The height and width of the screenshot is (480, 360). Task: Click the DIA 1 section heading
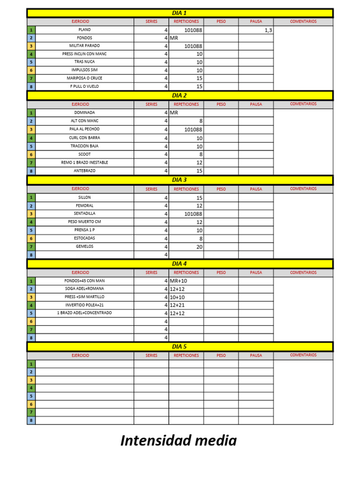[x=180, y=13]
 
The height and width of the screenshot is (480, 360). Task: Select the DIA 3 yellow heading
[x=180, y=180]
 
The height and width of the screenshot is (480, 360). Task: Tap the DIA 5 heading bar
[x=180, y=347]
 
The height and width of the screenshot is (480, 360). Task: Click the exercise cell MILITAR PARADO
[x=85, y=46]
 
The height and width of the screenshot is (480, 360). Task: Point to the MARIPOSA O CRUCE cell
[x=85, y=78]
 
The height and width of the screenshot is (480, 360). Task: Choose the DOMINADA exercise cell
[x=85, y=113]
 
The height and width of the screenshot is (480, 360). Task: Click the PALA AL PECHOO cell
[x=85, y=129]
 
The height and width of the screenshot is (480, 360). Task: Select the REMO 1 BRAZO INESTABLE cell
[x=85, y=163]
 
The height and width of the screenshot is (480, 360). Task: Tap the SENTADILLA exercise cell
[x=85, y=214]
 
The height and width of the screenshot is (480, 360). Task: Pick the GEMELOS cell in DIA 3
[x=85, y=247]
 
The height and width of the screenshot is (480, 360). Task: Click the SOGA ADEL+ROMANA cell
[x=85, y=289]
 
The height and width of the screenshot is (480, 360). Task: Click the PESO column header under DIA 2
[x=221, y=105]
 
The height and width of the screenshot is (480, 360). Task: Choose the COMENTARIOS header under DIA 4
[x=303, y=272]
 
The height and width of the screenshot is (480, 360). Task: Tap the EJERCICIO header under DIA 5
[x=80, y=356]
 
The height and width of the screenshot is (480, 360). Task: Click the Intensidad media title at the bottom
[x=179, y=441]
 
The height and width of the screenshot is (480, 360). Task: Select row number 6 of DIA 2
[x=31, y=155]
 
